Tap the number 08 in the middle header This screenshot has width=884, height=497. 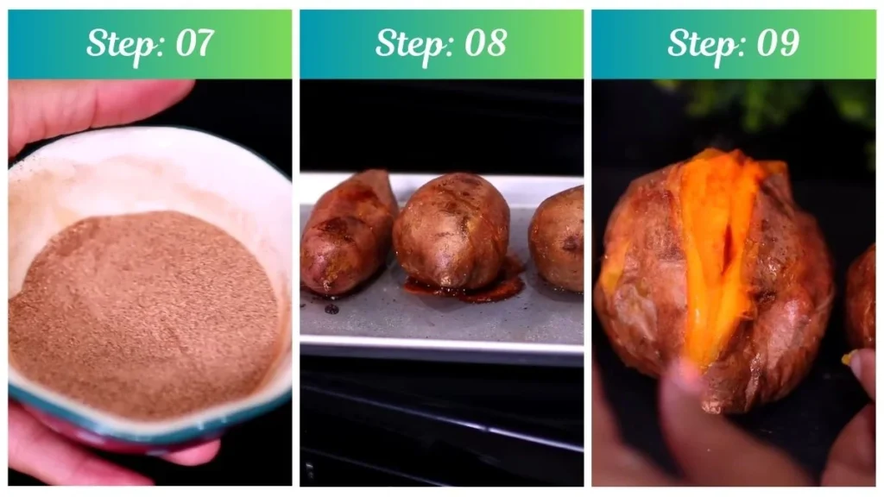point(485,43)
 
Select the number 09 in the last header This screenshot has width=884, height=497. point(777,43)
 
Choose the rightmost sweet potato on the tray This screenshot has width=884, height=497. point(559,237)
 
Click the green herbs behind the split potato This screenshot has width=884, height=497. point(760,104)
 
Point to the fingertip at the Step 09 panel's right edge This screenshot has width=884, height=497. point(863,367)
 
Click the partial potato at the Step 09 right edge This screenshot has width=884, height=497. point(862,298)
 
